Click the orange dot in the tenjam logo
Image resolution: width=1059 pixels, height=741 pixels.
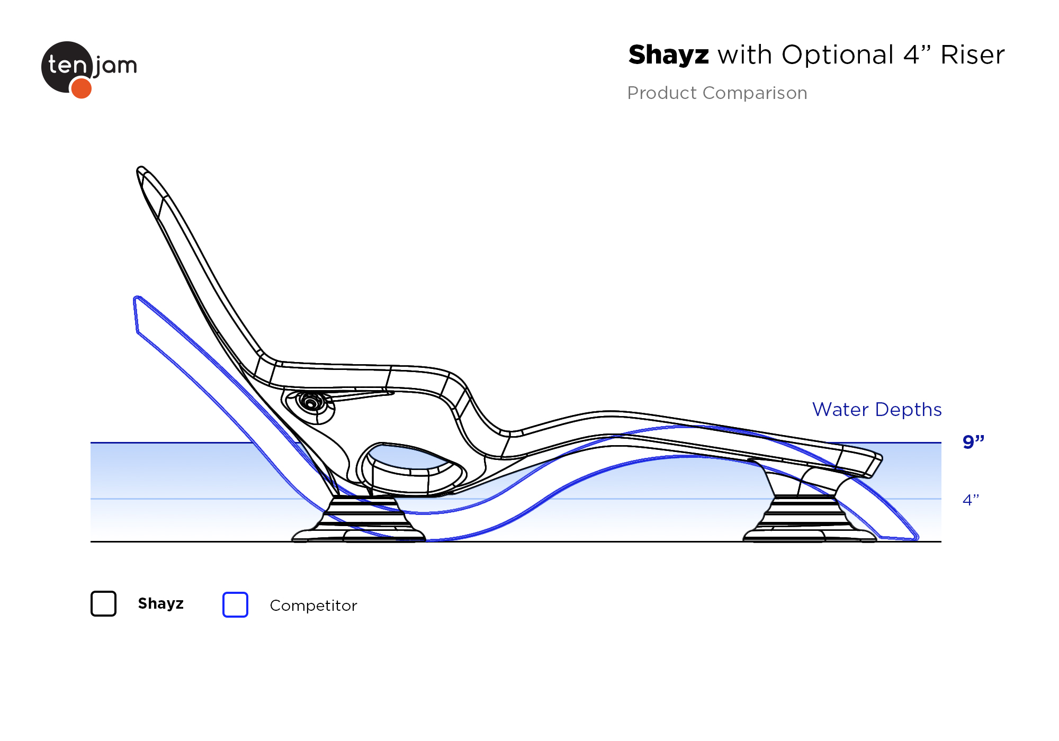point(81,88)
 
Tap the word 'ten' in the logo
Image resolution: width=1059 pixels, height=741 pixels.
point(67,65)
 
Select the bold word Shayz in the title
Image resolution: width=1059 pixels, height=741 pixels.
point(668,55)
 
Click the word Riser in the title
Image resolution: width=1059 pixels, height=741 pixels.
point(972,55)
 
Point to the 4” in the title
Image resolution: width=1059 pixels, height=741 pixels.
point(917,55)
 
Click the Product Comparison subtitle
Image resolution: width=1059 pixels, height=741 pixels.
point(717,93)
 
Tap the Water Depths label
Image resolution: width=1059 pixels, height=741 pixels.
point(877,410)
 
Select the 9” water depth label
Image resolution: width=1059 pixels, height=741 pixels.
point(973,441)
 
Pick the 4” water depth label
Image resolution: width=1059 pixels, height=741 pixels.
point(971,500)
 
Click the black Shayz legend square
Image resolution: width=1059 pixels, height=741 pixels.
point(103,604)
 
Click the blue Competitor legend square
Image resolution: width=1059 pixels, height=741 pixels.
point(235,604)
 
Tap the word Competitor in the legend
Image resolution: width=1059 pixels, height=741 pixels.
point(313,606)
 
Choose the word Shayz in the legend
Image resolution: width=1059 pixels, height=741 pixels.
point(160,603)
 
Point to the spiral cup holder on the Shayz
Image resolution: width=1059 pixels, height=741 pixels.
point(311,403)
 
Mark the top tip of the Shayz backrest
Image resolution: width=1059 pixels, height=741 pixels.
point(140,169)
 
